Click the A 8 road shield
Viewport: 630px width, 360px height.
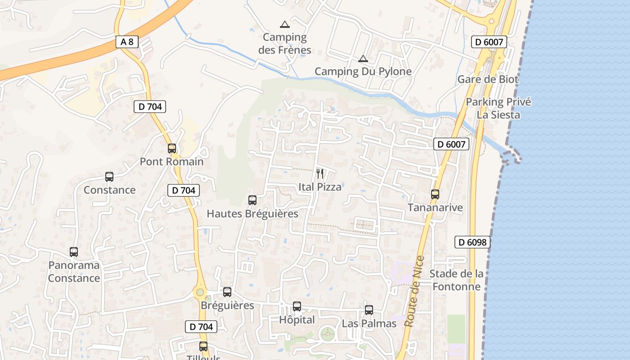coord(127,42)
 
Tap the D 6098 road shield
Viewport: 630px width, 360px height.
coord(472,242)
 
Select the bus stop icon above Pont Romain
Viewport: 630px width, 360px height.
coord(171,148)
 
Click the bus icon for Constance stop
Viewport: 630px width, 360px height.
coord(109,177)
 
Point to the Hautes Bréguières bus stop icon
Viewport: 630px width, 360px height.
coord(252,200)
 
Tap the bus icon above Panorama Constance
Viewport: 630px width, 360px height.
coord(74,252)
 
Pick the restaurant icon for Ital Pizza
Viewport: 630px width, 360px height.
coord(320,173)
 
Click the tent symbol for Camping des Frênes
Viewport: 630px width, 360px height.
coord(284,24)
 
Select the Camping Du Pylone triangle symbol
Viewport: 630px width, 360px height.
coord(363,58)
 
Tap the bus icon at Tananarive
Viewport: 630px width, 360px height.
coord(435,194)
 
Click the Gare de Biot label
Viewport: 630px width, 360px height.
coord(488,80)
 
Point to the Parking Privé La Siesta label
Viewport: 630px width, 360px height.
coord(498,108)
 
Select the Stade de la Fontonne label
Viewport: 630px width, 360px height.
coord(456,280)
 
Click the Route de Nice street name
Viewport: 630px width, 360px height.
coord(414,291)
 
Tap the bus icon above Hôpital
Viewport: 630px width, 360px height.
coord(297,306)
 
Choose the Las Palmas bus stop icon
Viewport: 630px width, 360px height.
coord(369,310)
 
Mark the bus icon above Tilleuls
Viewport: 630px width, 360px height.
coord(203,346)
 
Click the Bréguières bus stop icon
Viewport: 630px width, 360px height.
coord(227,292)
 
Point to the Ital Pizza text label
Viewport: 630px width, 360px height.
coord(320,187)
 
